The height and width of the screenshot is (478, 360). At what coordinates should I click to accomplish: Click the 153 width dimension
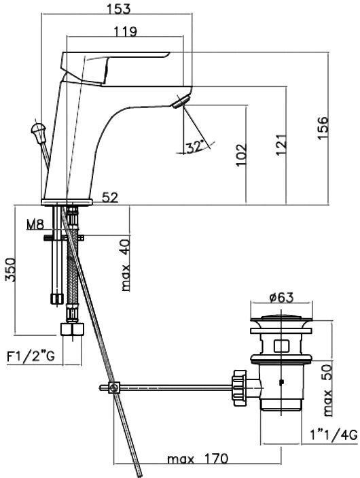tap(118, 8)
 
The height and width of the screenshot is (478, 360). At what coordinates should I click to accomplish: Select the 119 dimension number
tap(126, 31)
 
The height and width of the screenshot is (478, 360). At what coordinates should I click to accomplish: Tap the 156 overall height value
tap(323, 128)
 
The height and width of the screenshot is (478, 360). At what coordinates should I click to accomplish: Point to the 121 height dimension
tap(281, 144)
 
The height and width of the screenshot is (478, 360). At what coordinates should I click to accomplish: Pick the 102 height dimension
tap(241, 155)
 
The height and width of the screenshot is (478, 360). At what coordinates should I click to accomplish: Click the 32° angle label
tap(195, 148)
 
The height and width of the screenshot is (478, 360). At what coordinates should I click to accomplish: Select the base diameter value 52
tap(109, 197)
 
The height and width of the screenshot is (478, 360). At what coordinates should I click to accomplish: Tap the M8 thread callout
tap(35, 224)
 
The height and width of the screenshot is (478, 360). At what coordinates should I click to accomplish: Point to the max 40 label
tap(125, 265)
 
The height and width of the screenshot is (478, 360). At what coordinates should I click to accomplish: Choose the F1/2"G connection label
tap(31, 356)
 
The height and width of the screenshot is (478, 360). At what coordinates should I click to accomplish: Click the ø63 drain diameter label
tap(282, 297)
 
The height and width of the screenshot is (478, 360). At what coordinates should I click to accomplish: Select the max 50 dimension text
tap(327, 390)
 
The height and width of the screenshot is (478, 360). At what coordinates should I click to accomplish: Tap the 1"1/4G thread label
tap(334, 434)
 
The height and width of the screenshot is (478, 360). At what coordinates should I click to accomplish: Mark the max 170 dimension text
tap(198, 458)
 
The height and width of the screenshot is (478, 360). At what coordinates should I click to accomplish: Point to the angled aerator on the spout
tap(181, 101)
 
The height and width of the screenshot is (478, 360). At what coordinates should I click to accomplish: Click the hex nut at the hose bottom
tap(72, 329)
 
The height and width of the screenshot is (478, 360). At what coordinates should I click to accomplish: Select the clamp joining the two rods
tap(114, 388)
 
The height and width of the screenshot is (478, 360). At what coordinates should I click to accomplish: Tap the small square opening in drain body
tap(281, 345)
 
